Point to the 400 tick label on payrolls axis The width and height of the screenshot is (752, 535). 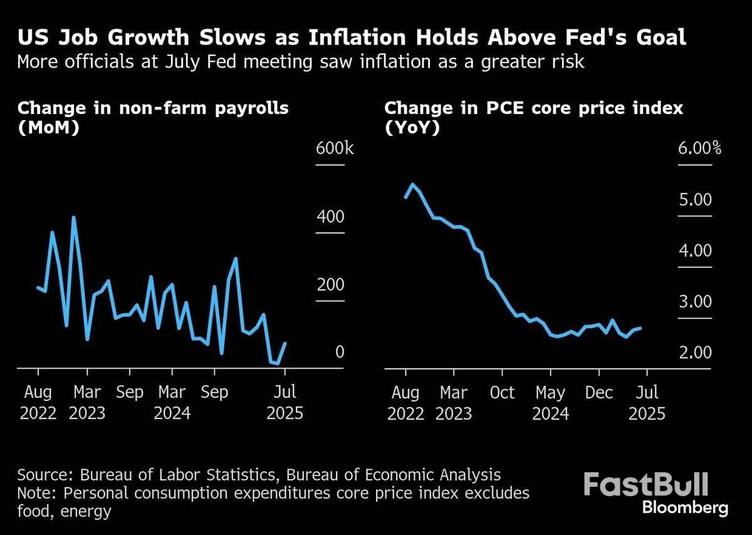click(x=331, y=217)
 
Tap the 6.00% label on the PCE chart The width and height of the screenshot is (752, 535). click(x=698, y=149)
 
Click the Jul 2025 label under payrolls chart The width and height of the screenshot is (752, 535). click(x=285, y=403)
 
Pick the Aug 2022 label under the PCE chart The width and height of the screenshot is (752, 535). click(x=406, y=403)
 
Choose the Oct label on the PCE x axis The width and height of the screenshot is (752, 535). click(x=502, y=393)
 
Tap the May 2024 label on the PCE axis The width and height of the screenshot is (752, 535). click(x=550, y=403)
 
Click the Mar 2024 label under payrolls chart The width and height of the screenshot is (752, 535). click(x=172, y=403)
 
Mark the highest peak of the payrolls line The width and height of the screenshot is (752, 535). click(x=74, y=217)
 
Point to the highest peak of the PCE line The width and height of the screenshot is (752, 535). click(x=412, y=184)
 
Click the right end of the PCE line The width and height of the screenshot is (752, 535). click(x=640, y=328)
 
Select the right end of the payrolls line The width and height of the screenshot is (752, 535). click(x=286, y=343)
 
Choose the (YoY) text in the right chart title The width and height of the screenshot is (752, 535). click(x=412, y=128)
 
